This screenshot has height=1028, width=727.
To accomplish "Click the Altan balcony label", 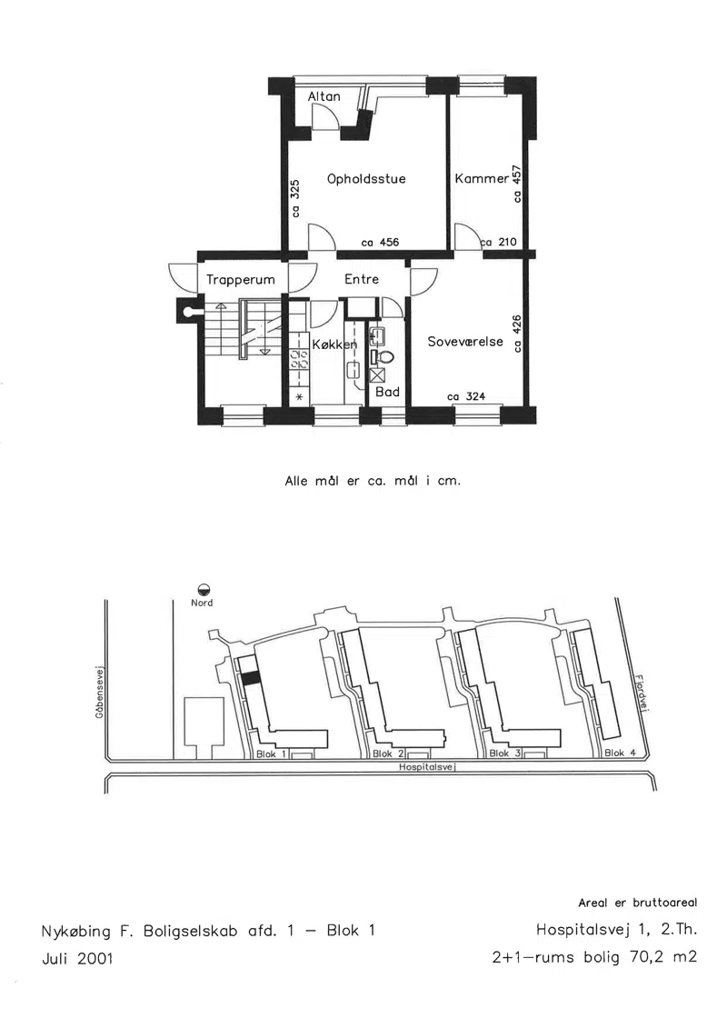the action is point(324,96).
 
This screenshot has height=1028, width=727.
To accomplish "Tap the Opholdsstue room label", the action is point(366,178).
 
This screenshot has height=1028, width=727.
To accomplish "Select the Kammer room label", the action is point(482,178).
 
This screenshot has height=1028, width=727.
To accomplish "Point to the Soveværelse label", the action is point(465,342).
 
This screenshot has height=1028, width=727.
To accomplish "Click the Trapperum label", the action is point(241,280).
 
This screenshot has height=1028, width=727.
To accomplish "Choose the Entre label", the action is point(362,279).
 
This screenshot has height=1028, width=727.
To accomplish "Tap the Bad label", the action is point(387,392).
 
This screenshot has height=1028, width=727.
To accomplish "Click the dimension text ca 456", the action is point(380,243).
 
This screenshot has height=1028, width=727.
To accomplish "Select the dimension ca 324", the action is point(466,396).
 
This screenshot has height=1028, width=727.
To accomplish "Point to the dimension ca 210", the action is point(499,242).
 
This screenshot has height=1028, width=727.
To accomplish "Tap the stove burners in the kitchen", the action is point(300,358).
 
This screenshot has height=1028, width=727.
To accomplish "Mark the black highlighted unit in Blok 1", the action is point(250,679).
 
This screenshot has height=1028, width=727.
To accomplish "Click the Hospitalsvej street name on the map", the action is point(427,767).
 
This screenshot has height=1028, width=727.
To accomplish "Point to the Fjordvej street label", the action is point(642,693).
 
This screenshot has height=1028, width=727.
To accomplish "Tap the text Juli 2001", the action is point(77,958).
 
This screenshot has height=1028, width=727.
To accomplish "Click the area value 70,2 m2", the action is point(663,956).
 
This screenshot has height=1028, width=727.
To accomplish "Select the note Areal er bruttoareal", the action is point(638,903).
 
